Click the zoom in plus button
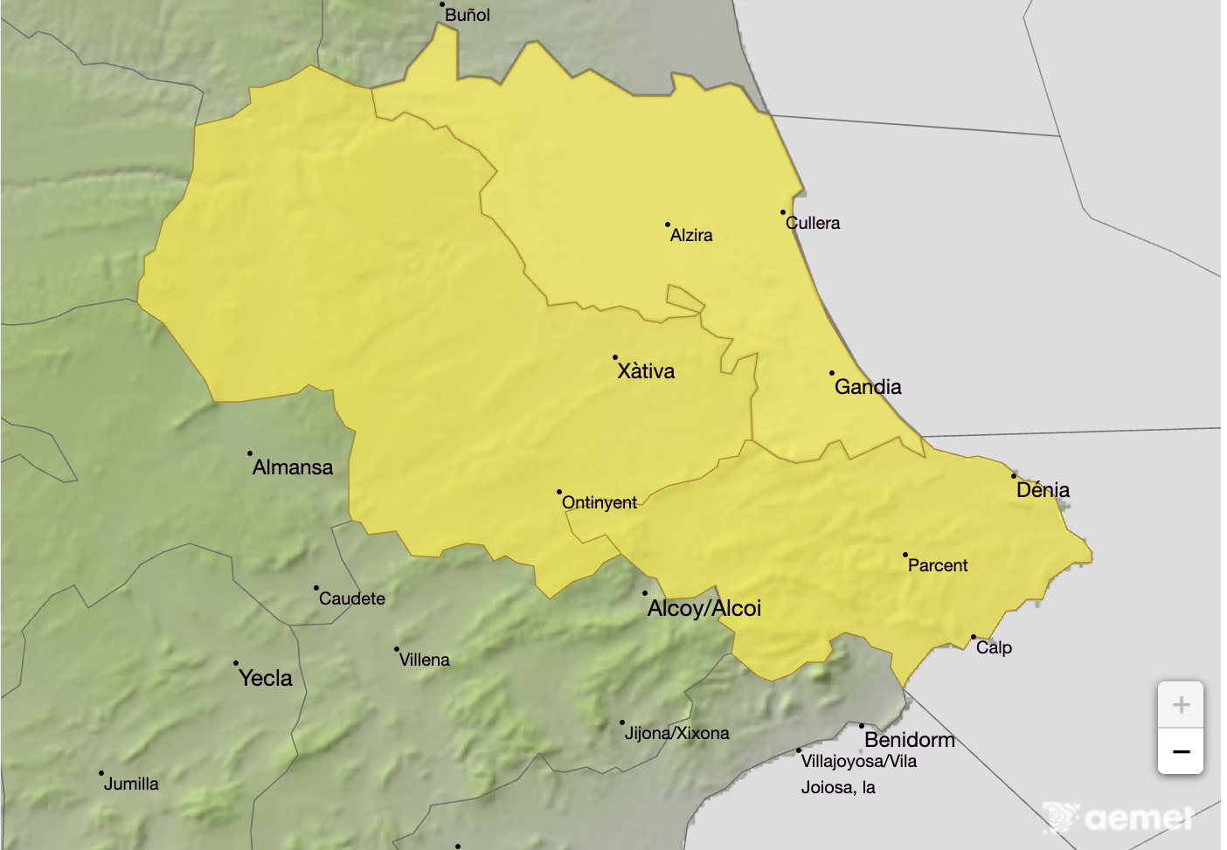1181,705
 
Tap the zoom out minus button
1181,751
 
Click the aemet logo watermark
1120,818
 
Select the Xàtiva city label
646,371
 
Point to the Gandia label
868,387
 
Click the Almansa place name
293,467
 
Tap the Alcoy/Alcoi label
704,609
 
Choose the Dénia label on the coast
1043,490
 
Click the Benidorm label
910,740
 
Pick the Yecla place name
266,679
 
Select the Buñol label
468,15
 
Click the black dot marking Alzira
668,225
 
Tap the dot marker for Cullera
783,212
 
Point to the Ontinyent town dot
559,492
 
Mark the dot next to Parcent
905,555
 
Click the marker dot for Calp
974,637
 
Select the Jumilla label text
131,784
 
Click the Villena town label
425,660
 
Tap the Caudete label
352,598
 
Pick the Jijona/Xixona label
676,733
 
